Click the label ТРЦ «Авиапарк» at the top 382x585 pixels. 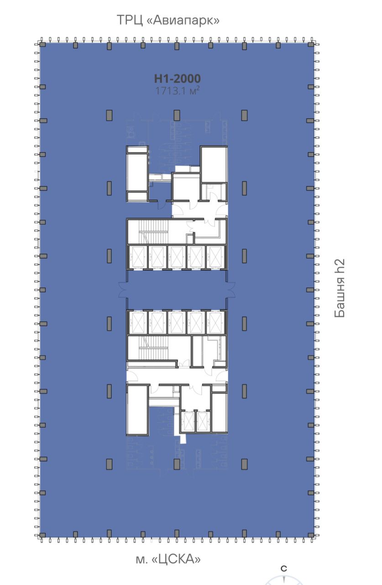168,20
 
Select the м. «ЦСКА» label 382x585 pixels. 168,559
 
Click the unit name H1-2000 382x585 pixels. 178,78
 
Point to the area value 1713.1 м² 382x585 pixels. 178,90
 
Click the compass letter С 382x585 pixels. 284,569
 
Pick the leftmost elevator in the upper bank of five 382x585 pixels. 138,257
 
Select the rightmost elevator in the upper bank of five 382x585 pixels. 215,257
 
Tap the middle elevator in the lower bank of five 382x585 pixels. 177,323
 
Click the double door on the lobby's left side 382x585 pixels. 123,290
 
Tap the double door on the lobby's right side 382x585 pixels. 231,290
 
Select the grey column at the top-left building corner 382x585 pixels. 42,45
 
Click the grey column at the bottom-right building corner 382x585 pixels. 311,535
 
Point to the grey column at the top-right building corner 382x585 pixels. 311,45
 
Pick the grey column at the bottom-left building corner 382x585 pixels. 42,535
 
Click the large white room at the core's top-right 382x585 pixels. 214,164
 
